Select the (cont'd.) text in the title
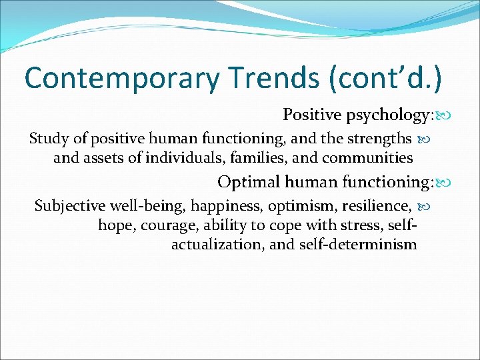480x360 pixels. [x=385, y=78]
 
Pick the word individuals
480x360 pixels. [x=182, y=158]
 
